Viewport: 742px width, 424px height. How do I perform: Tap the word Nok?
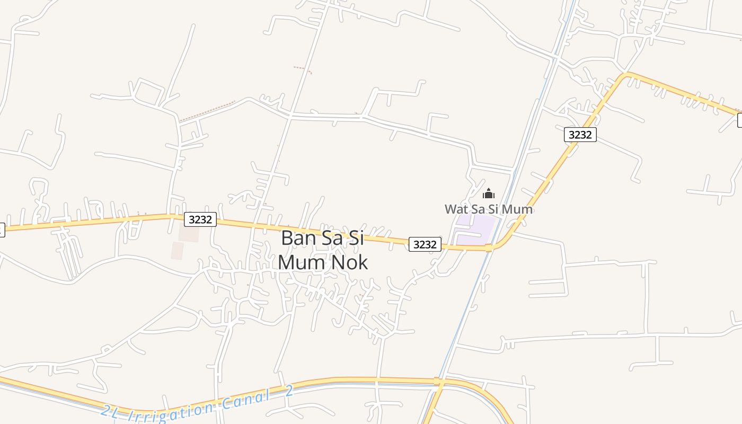pyautogui.click(x=348, y=262)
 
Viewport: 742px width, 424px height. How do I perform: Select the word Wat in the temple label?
pyautogui.click(x=456, y=209)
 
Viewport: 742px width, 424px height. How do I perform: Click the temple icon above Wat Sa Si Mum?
pyautogui.click(x=489, y=193)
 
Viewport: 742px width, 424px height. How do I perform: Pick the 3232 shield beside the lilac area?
pyautogui.click(x=425, y=244)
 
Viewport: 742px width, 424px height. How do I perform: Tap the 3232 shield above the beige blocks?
pyautogui.click(x=200, y=219)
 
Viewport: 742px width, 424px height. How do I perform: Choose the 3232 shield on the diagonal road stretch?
pyautogui.click(x=580, y=135)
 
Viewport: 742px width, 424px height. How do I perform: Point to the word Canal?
pyautogui.click(x=244, y=399)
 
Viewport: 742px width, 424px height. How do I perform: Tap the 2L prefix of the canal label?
pyautogui.click(x=110, y=411)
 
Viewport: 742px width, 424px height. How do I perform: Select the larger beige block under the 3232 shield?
pyautogui.click(x=189, y=233)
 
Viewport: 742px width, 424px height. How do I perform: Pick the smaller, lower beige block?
pyautogui.click(x=177, y=251)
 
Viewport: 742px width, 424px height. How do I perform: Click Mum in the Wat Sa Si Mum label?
pyautogui.click(x=517, y=209)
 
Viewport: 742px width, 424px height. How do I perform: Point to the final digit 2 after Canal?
pyautogui.click(x=289, y=392)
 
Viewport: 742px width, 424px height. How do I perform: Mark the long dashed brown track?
pyautogui.click(x=207, y=111)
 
